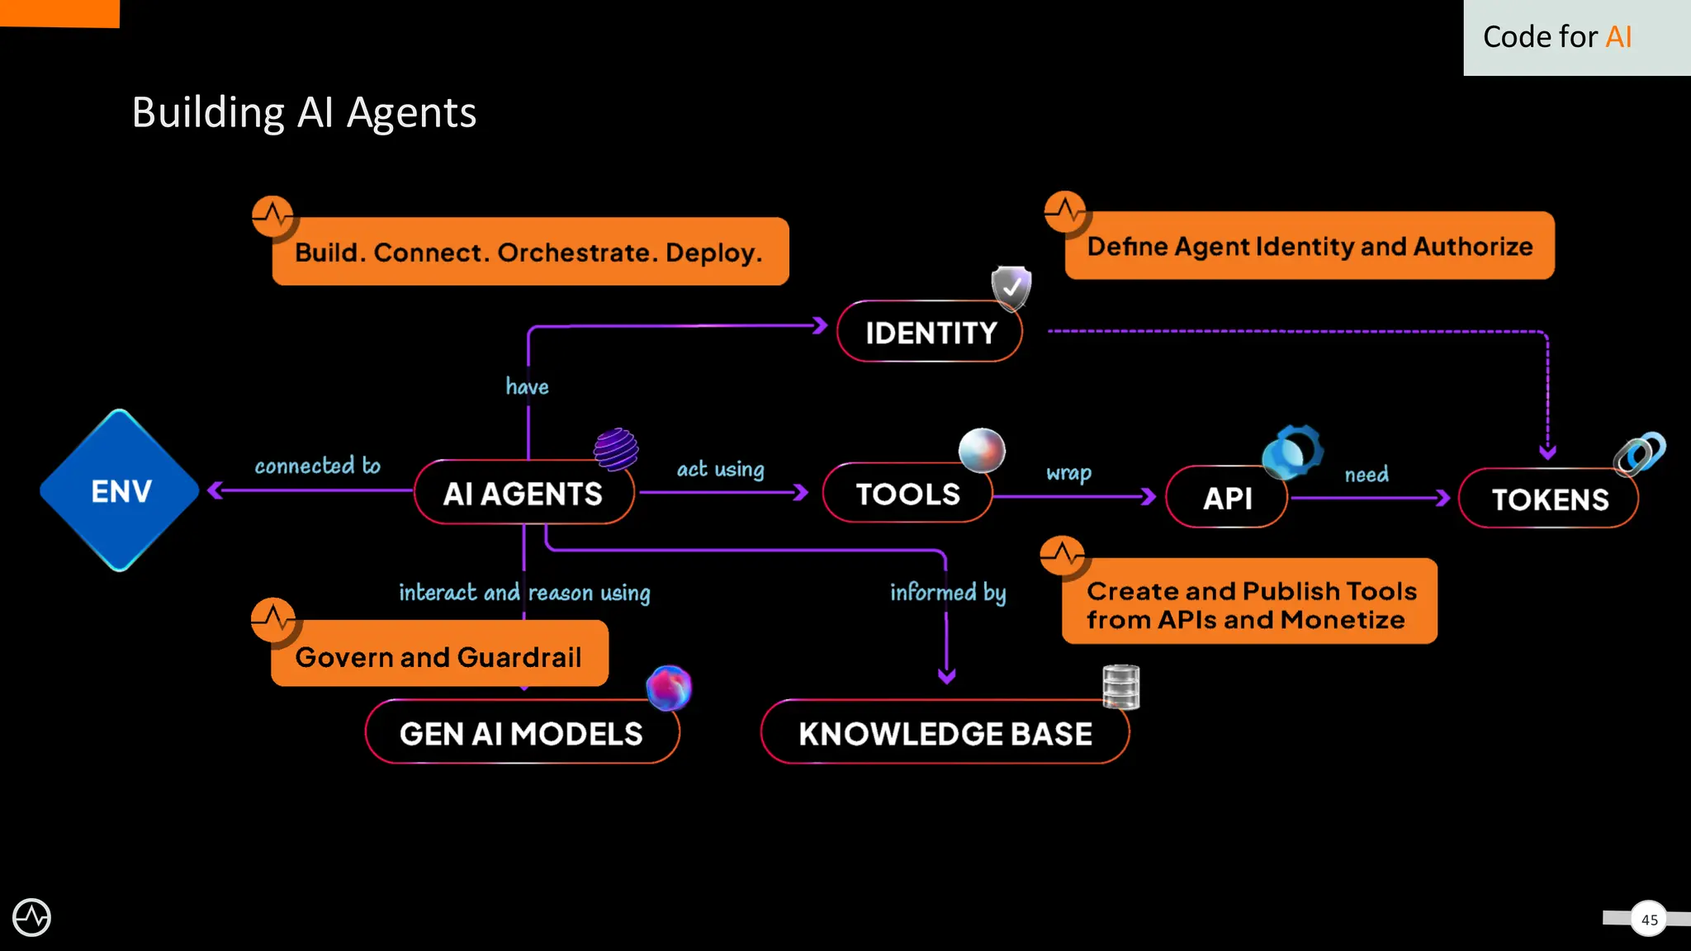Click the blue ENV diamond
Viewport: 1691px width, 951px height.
point(121,490)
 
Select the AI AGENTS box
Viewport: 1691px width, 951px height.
point(523,494)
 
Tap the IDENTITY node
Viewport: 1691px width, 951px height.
point(930,333)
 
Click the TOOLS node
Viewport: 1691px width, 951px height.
point(907,494)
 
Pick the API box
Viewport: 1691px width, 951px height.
point(1227,498)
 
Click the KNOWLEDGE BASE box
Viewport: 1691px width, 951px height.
point(945,733)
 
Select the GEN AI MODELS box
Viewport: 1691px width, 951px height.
point(521,733)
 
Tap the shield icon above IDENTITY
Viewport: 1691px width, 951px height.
point(1011,287)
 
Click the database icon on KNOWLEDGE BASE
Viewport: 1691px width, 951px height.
point(1120,687)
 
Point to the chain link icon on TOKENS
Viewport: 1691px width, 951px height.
point(1640,453)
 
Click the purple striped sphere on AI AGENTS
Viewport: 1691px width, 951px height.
point(616,449)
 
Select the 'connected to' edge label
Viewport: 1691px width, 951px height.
point(317,466)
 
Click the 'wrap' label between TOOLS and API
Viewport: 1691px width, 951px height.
point(1068,473)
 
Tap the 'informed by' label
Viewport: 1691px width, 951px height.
point(947,593)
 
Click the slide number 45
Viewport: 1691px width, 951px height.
point(1649,919)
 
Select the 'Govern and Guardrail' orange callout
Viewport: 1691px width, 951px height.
point(438,656)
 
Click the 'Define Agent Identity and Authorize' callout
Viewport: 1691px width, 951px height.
point(1310,246)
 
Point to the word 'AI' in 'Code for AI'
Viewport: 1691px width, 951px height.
point(1618,37)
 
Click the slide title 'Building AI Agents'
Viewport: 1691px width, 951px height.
point(304,112)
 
